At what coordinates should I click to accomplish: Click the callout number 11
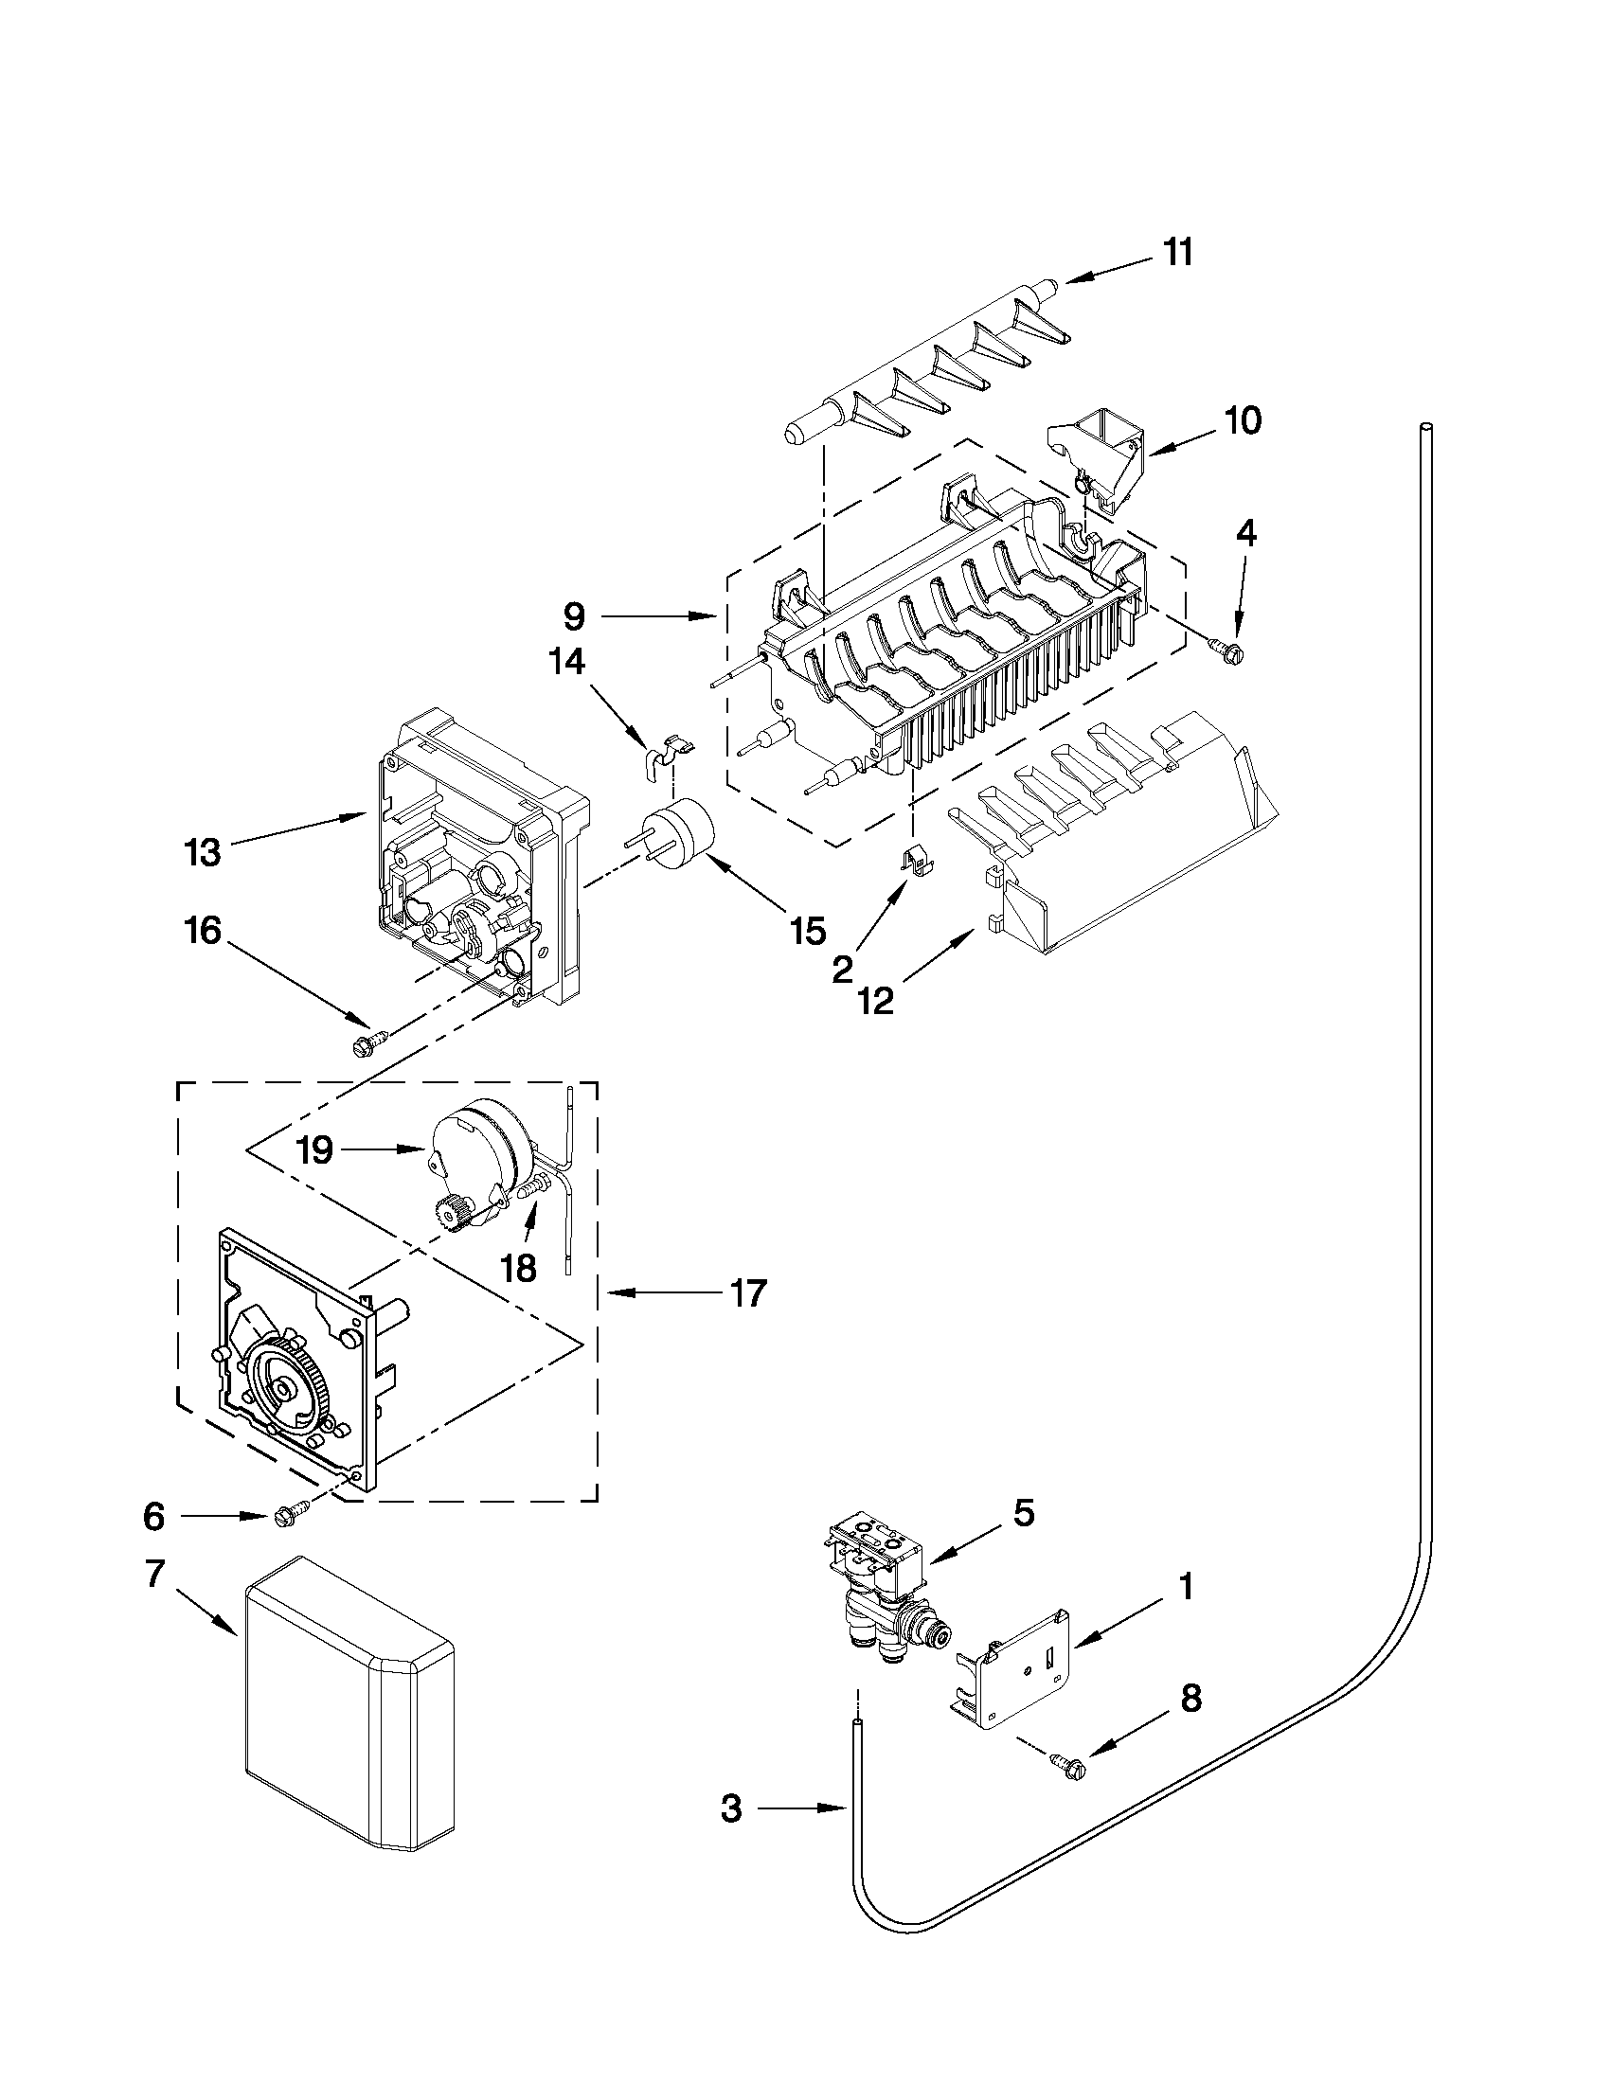[x=1178, y=254]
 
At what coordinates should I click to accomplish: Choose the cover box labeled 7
[x=349, y=1725]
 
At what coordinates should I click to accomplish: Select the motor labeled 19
[x=477, y=1154]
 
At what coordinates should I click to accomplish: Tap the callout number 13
[x=203, y=852]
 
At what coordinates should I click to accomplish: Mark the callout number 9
[x=574, y=617]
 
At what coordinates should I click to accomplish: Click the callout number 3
[x=731, y=1808]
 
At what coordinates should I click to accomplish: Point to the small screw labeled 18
[x=532, y=1188]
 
